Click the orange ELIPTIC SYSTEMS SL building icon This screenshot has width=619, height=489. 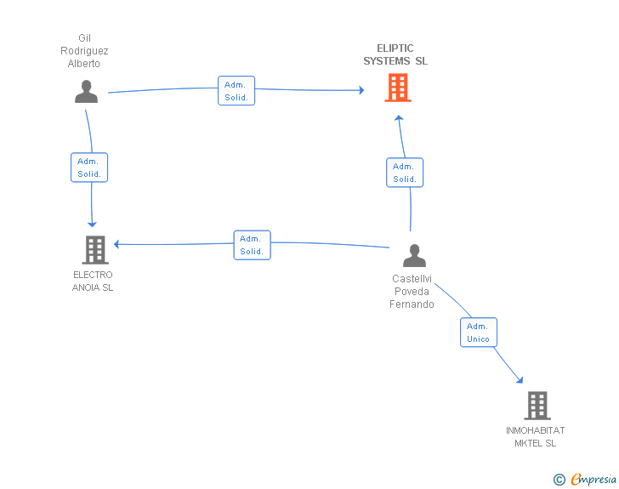(398, 88)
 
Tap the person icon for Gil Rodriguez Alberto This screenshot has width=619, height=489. (86, 92)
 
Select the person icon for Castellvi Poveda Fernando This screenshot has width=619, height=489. (414, 256)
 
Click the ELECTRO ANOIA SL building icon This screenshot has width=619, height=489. (95, 250)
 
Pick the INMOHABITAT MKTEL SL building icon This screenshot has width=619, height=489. (537, 406)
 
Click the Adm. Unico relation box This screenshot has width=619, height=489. (479, 333)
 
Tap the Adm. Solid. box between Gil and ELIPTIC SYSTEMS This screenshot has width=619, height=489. (236, 90)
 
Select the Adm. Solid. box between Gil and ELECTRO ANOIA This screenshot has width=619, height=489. (89, 168)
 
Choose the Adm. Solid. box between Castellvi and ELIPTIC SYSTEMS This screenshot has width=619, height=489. (405, 173)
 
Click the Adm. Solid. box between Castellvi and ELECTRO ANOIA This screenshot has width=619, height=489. (253, 245)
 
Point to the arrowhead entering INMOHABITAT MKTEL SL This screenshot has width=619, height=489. (520, 380)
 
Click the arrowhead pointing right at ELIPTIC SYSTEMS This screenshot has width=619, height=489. (361, 90)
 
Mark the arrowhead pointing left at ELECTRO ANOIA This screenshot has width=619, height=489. (116, 244)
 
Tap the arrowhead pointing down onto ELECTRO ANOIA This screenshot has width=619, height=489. (92, 225)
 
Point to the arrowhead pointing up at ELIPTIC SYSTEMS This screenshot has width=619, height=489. (399, 117)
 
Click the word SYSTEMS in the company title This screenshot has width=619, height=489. (387, 61)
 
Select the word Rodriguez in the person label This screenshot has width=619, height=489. (84, 51)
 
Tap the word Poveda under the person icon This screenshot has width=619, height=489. (412, 292)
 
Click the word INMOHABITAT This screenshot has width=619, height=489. (536, 430)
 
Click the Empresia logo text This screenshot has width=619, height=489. (593, 479)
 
